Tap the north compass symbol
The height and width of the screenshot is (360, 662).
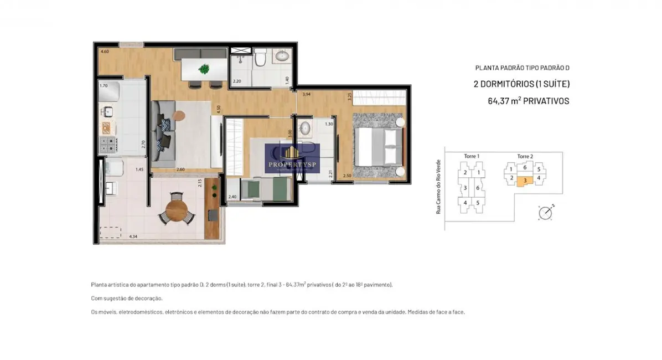[x=545, y=212]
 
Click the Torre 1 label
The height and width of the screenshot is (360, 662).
[x=471, y=157]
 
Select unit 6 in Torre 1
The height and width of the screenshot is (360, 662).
[x=478, y=188]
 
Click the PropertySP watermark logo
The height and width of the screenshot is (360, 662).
[x=292, y=158]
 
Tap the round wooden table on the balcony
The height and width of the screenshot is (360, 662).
[x=177, y=210]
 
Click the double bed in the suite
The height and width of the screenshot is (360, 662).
[x=378, y=146]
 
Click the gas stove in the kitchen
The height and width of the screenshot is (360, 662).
[x=107, y=145]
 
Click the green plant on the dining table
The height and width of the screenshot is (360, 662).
[x=204, y=69]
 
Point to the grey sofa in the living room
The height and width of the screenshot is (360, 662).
[x=164, y=133]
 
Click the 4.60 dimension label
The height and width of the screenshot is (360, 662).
[x=104, y=52]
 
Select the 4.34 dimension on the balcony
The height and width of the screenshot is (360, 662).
[x=133, y=236]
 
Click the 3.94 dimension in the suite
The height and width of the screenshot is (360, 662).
[x=306, y=95]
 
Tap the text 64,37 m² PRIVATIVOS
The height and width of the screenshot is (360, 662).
[x=528, y=101]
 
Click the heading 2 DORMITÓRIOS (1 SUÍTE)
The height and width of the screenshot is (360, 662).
[x=521, y=84]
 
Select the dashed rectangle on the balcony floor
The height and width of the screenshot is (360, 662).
[x=110, y=233]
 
